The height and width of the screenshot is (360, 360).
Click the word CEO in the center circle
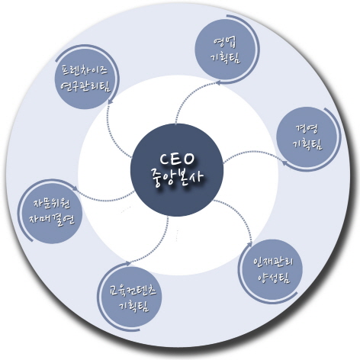click(x=177, y=159)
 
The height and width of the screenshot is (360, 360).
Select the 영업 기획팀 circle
click(x=226, y=50)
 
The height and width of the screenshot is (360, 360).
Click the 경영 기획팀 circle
click(x=307, y=138)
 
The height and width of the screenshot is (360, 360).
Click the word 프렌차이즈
click(x=85, y=69)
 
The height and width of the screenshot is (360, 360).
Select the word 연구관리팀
click(x=85, y=86)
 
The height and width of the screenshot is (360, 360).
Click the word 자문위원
click(x=52, y=204)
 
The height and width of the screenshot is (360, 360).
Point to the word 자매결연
click(x=52, y=219)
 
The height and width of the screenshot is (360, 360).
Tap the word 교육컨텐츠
click(x=133, y=290)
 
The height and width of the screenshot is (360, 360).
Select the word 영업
click(x=225, y=43)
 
